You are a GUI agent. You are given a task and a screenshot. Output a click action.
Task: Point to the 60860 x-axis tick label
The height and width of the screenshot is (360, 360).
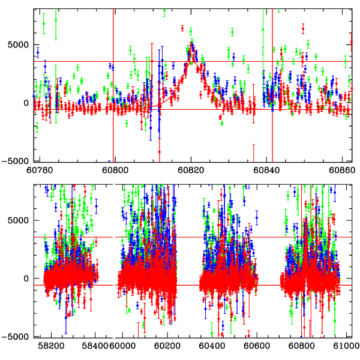(x=342, y=169)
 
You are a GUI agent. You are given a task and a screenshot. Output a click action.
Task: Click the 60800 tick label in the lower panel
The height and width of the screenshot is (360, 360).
(x=301, y=346)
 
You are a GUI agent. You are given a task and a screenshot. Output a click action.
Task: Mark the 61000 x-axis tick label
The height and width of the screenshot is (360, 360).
(x=344, y=346)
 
